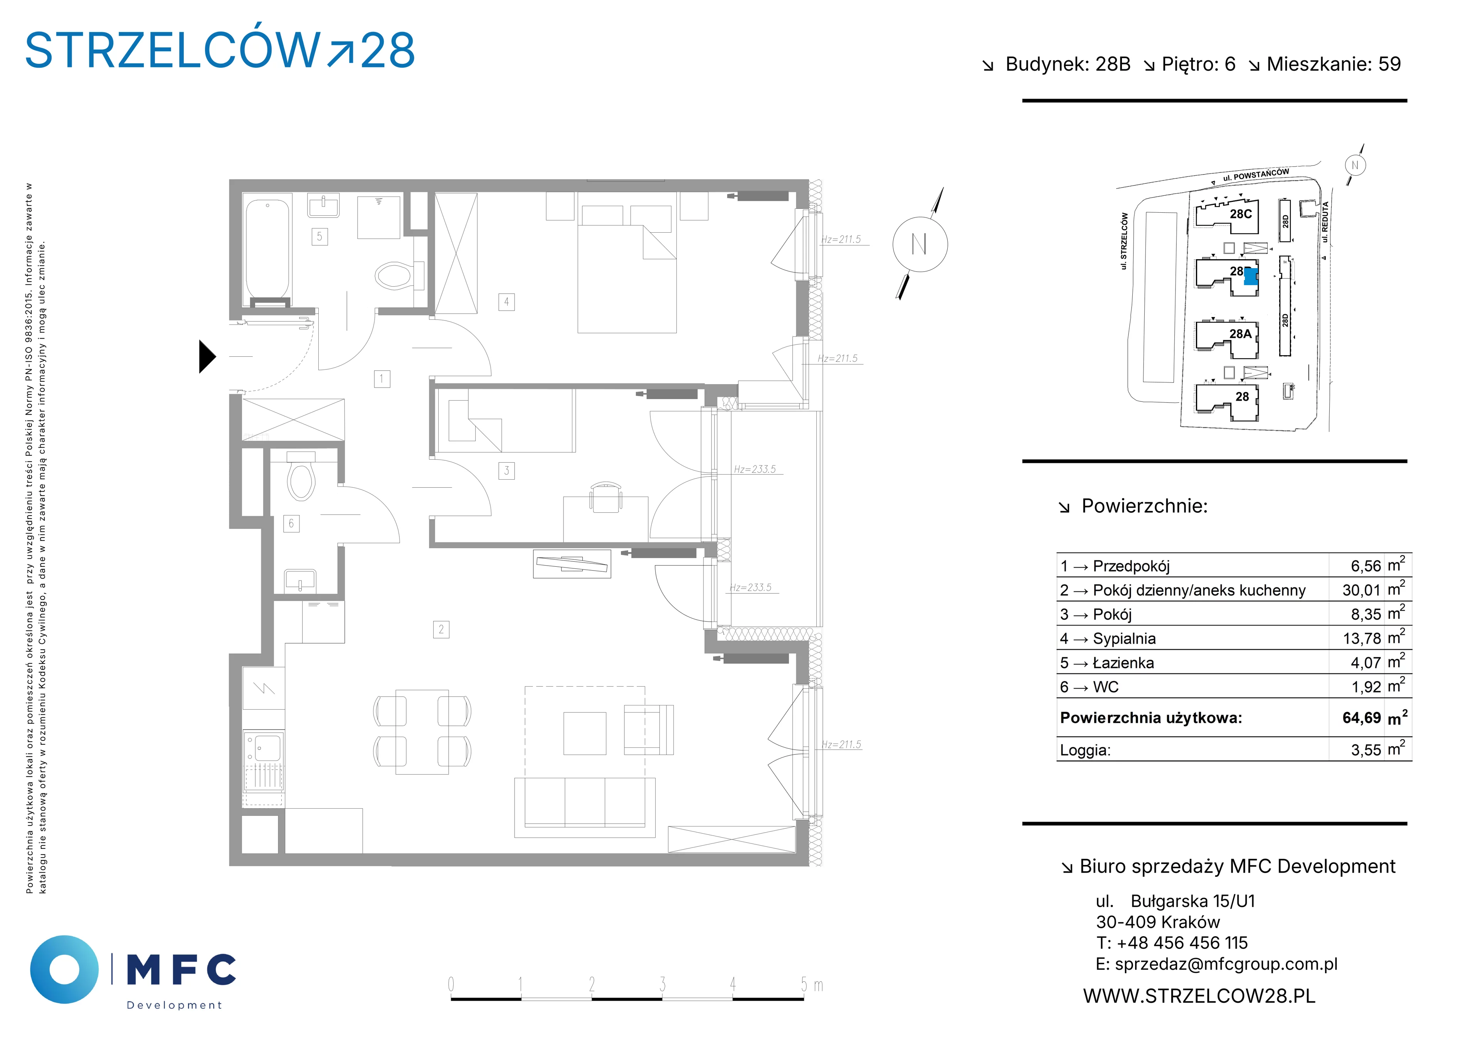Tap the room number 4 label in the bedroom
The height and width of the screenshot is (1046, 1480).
507,302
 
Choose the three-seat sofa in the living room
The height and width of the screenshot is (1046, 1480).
585,808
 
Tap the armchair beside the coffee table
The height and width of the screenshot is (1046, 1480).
649,730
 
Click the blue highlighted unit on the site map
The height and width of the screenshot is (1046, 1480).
1251,277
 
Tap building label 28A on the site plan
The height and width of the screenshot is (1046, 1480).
1240,334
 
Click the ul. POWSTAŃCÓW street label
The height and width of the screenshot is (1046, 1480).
1256,174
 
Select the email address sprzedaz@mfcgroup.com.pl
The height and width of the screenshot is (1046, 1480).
1226,964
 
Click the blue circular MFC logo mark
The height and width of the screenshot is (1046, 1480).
64,969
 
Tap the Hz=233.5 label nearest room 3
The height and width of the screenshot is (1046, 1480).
755,469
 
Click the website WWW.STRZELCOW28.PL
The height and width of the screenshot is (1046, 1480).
1199,996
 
